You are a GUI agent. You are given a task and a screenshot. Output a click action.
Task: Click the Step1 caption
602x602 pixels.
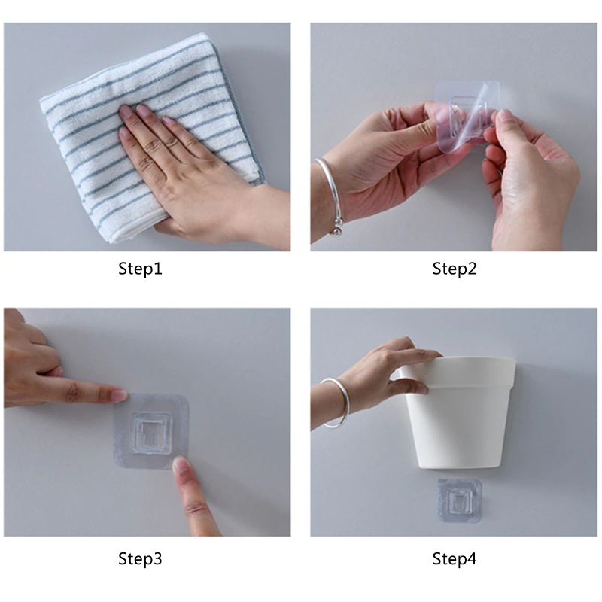[140, 269]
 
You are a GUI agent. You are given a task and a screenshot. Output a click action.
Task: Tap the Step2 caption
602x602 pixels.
[455, 269]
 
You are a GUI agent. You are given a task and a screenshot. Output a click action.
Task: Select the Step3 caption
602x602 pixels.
[140, 558]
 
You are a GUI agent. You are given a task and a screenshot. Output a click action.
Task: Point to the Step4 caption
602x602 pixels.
[455, 558]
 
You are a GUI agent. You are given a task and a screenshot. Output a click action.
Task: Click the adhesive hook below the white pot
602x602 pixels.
[460, 500]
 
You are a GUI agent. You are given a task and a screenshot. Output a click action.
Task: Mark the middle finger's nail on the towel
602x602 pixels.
[143, 110]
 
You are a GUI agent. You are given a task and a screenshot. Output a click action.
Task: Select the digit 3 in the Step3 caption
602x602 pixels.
[157, 558]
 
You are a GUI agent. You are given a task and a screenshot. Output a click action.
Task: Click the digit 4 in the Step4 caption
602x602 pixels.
[472, 558]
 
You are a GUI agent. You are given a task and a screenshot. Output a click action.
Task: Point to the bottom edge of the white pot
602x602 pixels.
[459, 467]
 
